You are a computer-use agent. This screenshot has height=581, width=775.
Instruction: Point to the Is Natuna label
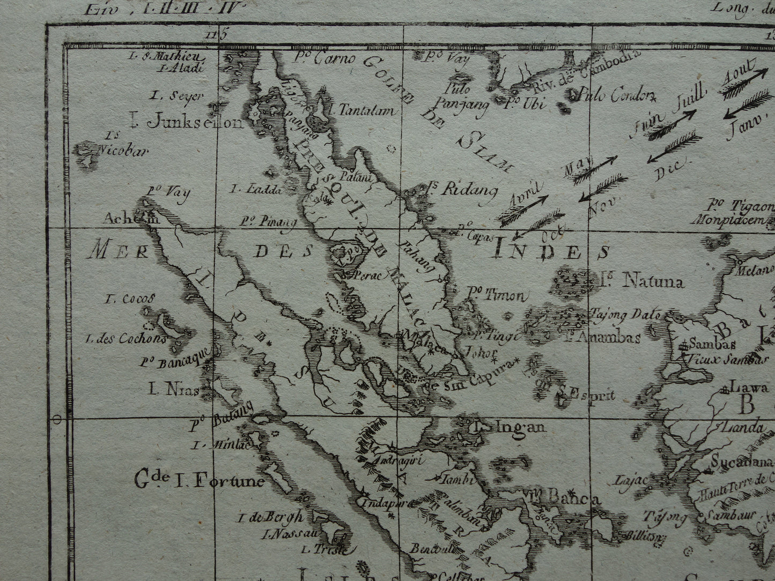tap(642, 281)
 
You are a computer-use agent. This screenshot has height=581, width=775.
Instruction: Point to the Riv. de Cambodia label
tap(585, 70)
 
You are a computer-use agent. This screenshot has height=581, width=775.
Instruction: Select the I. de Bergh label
tap(271, 517)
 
